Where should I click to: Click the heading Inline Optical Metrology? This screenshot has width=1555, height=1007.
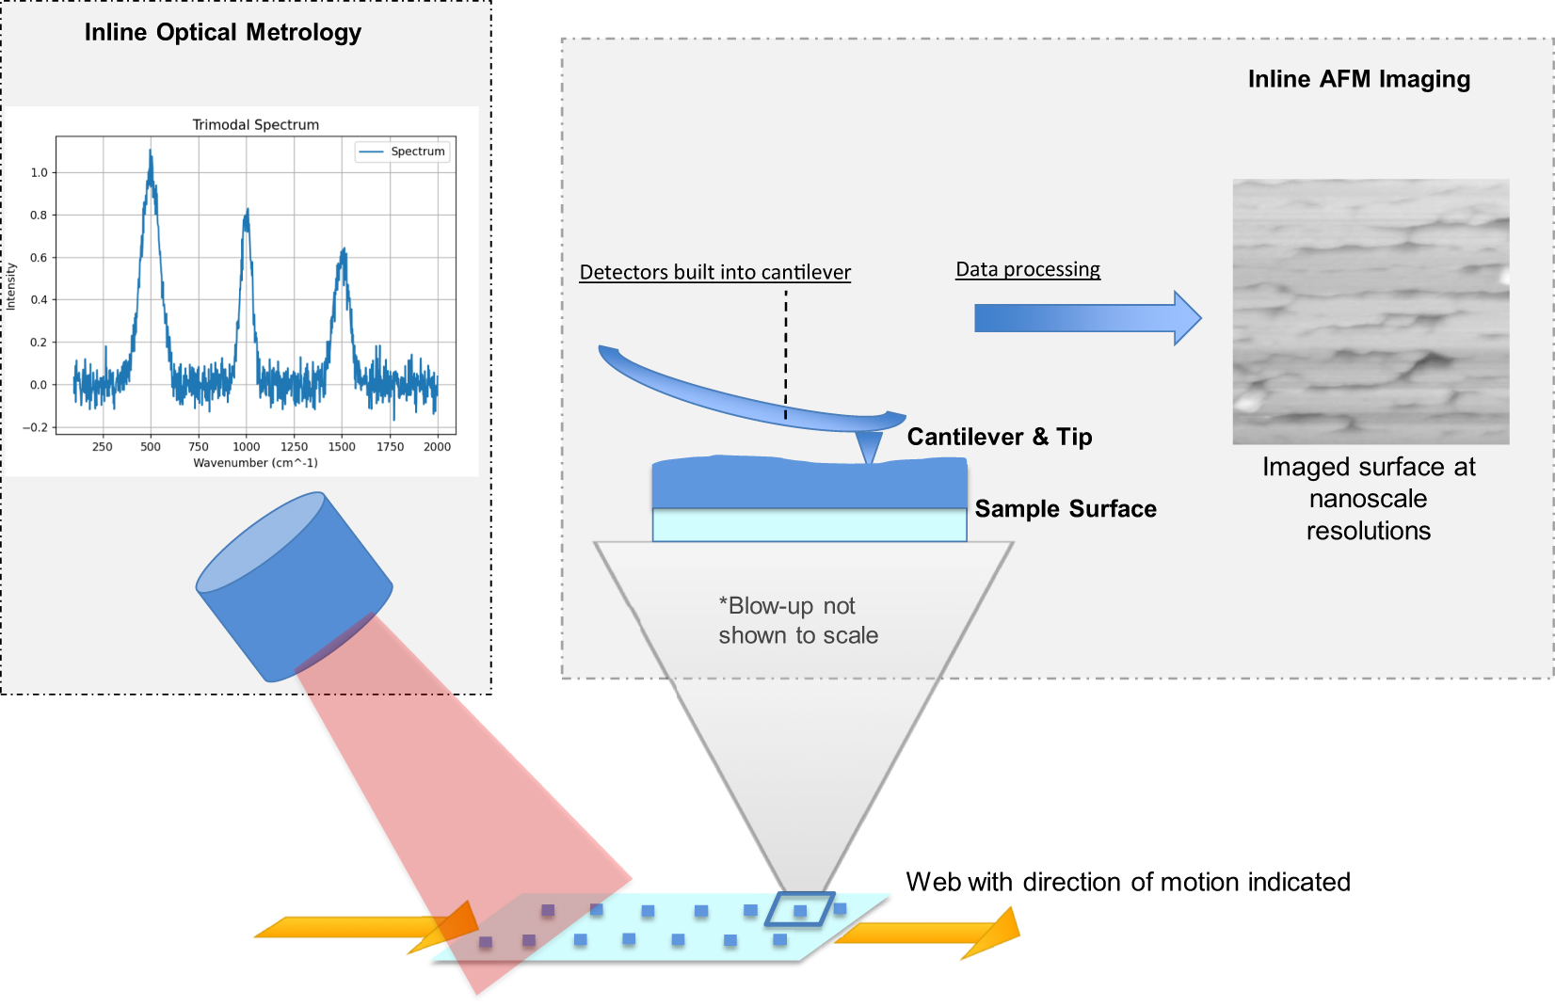[223, 33]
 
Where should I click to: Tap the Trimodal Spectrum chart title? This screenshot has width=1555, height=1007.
[255, 124]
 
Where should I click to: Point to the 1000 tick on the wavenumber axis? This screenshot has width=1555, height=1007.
[246, 447]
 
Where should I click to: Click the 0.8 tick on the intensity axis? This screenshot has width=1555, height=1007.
[39, 215]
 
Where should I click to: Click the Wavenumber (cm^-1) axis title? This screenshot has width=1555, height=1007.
[255, 463]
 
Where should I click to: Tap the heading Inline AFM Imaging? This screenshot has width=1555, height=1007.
[1358, 80]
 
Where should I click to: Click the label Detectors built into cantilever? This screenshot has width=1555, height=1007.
[714, 273]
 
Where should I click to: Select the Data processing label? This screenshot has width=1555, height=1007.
[1027, 270]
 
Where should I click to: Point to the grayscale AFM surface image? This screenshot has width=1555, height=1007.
[1371, 312]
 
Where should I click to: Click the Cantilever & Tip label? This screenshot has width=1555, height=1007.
[999, 438]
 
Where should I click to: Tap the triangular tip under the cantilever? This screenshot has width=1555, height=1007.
[869, 446]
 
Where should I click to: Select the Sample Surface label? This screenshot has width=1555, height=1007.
[1065, 509]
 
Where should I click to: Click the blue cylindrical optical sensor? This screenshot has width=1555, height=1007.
[294, 585]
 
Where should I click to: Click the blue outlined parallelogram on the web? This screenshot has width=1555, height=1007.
[799, 910]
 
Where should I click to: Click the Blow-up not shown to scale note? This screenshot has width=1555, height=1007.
[797, 620]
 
